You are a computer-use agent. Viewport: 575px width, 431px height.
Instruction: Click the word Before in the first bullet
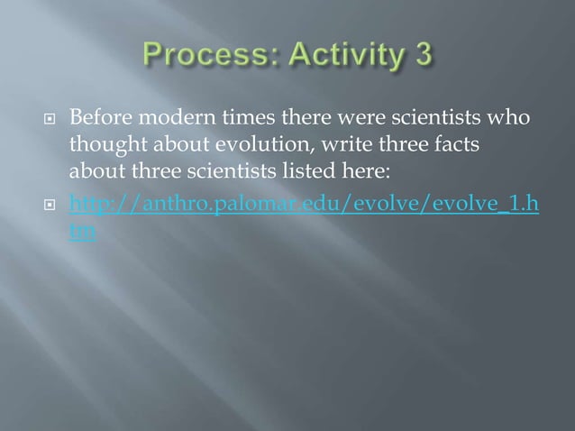coord(98,119)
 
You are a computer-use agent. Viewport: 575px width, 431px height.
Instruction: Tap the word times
coord(237,119)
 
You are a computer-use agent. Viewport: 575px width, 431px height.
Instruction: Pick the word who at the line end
coord(512,119)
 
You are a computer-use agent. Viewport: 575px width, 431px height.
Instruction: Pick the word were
coord(361,119)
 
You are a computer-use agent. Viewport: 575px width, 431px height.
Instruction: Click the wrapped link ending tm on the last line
coord(82,230)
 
